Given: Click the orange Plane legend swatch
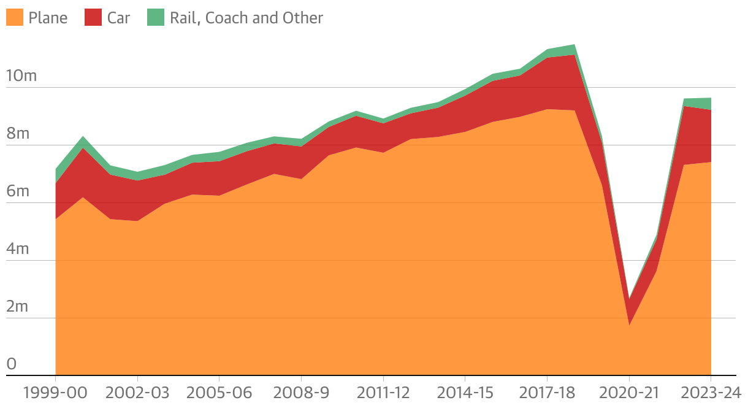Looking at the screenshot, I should coord(14,17).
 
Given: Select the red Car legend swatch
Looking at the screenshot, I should coord(93,17).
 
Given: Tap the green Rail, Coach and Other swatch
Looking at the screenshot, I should coord(156,17).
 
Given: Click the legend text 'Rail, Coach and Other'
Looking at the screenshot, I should coord(246,18).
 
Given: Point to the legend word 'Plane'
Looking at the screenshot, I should coord(48,18).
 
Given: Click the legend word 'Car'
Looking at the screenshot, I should coord(118,18).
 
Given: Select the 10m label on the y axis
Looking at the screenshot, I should coord(21,76).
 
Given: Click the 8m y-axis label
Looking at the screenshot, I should coord(18,134).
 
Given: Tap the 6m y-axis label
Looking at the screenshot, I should coord(18,191).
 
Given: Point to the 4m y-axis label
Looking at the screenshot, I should coord(18,249).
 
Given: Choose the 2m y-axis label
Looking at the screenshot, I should coord(18,307).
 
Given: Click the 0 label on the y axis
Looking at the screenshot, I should coord(11,364).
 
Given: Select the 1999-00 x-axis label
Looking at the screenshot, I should coord(55,393).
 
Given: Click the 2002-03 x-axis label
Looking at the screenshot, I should coord(137,393).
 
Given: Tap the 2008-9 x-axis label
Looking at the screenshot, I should coord(301,393).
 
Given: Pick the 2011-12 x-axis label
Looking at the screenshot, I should coord(383,393).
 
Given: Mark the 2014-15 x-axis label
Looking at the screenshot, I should coord(465,393).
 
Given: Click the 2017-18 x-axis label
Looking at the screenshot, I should coord(547,393).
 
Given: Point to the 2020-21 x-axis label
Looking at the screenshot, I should coord(629,393).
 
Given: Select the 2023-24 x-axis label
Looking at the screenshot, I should coord(710,393).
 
